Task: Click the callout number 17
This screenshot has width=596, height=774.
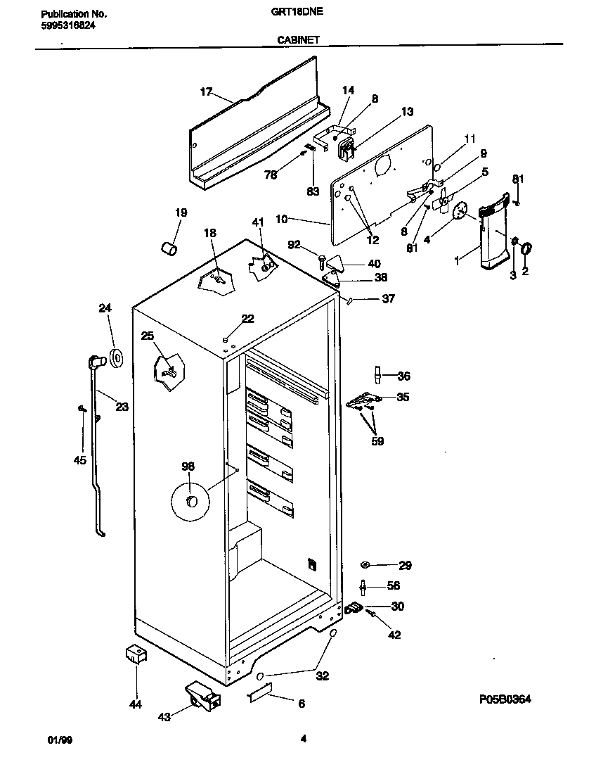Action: click(x=206, y=91)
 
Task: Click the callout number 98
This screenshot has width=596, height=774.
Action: click(x=188, y=467)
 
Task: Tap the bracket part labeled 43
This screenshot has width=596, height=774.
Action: click(x=203, y=696)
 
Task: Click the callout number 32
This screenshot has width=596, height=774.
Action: click(x=322, y=676)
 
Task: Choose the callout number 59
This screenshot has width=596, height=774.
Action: click(x=378, y=441)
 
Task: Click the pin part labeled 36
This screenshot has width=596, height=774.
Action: click(x=377, y=375)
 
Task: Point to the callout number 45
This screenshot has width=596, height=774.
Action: click(x=79, y=460)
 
